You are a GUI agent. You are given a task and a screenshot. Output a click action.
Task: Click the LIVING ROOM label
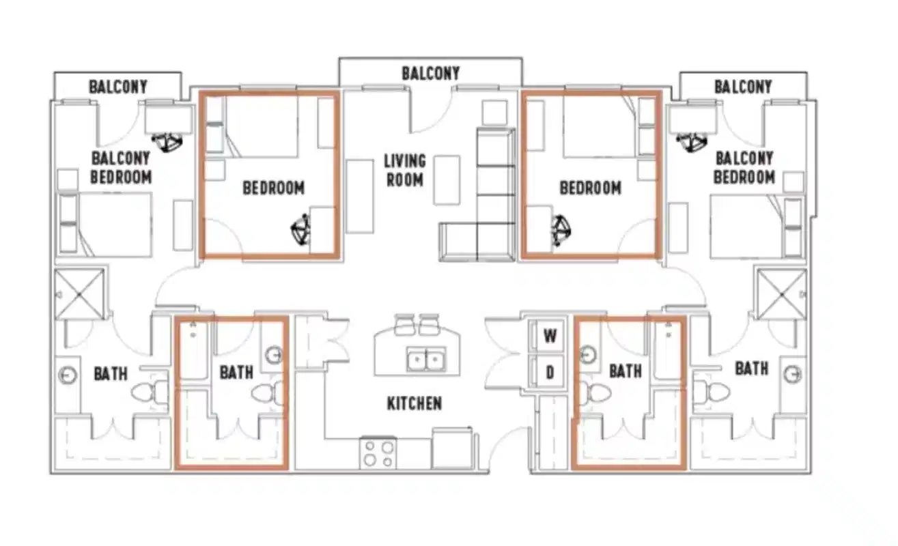[405, 170]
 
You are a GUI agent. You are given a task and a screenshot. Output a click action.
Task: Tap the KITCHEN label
[415, 403]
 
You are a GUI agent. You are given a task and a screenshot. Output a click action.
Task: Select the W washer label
[550, 336]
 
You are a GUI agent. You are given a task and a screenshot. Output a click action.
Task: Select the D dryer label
[550, 373]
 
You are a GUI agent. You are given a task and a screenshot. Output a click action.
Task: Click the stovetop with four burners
[378, 453]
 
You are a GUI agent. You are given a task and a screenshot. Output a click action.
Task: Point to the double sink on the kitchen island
[425, 359]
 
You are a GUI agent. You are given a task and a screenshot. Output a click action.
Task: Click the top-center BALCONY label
[430, 73]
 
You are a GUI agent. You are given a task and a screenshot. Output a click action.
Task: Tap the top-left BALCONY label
[118, 87]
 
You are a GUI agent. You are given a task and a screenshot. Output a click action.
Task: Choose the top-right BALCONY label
[743, 87]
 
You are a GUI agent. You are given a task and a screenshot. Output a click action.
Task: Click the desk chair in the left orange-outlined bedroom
[300, 229]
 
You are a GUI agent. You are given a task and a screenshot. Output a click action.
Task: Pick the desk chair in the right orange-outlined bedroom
[561, 231]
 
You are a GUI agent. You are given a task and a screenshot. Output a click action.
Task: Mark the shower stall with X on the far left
[79, 294]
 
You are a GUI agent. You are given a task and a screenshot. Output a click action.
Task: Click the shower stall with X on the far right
[782, 294]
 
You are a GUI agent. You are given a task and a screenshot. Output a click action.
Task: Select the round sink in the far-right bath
[793, 375]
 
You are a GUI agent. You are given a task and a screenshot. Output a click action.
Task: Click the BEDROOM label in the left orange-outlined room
[273, 188]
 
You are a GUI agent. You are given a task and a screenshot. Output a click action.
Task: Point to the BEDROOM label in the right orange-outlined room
[591, 188]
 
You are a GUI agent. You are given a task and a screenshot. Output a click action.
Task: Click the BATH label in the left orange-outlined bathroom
[236, 373]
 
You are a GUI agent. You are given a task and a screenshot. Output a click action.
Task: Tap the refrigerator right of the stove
[452, 448]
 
